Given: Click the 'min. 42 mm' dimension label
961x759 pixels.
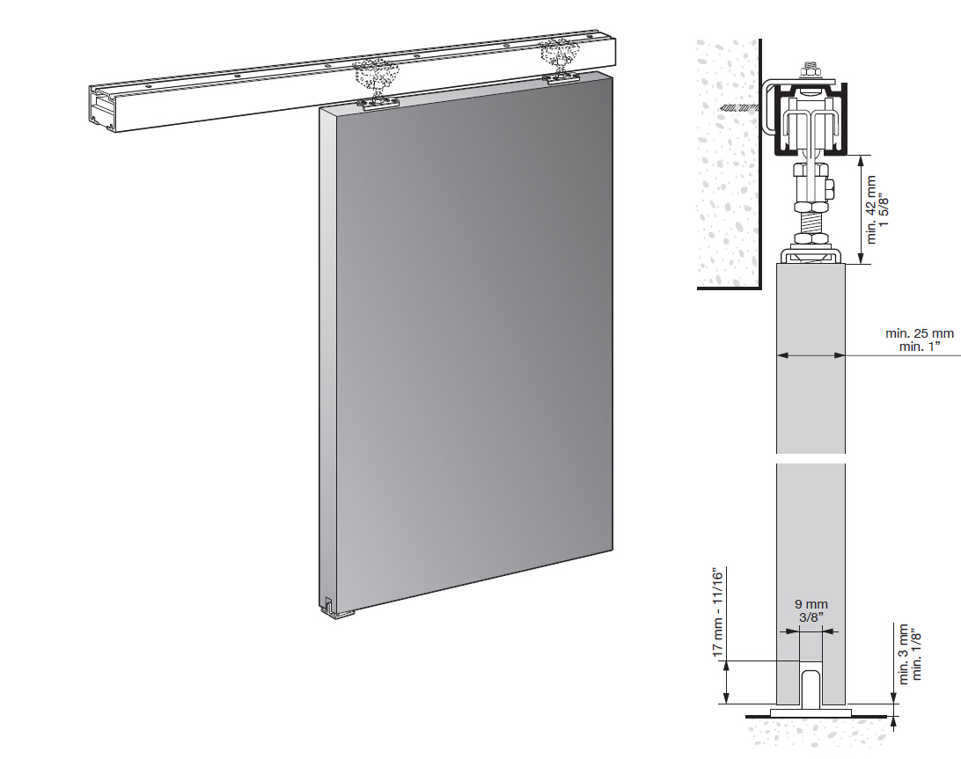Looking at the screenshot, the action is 872,210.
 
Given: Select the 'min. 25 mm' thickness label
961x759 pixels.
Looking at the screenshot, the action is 920,334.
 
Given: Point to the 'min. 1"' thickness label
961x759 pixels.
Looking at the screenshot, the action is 920,347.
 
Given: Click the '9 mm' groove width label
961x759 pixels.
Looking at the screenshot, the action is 811,604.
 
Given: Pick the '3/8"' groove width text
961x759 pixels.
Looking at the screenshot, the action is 811,617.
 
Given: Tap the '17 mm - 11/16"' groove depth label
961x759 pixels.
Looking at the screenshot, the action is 719,612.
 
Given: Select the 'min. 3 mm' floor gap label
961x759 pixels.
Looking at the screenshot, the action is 904,653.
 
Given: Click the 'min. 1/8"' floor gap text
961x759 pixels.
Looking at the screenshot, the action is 917,653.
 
